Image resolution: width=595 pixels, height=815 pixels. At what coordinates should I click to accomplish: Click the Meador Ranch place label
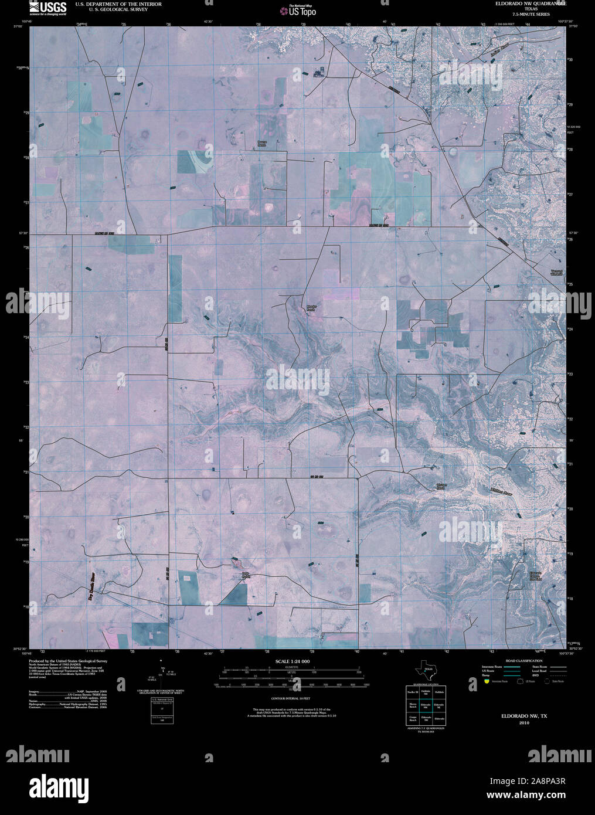pos(311,307)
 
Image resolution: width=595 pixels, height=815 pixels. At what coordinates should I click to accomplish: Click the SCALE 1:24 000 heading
pos(293,661)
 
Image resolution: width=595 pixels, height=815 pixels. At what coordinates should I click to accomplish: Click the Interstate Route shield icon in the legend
pos(487,681)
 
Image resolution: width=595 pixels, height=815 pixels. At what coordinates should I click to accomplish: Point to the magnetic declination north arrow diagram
pos(162,674)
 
